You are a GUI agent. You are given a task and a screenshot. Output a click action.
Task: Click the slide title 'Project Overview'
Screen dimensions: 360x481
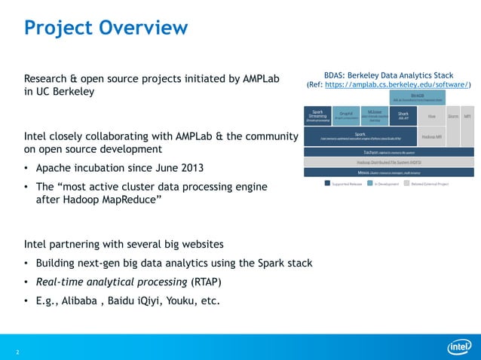pyautogui.click(x=106, y=28)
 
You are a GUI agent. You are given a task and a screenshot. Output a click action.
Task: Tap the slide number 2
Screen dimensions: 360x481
pyautogui.click(x=17, y=352)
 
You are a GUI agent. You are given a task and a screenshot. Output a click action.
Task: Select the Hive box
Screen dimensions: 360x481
pyautogui.click(x=431, y=116)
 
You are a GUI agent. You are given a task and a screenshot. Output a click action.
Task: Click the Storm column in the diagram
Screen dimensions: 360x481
pyautogui.click(x=453, y=116)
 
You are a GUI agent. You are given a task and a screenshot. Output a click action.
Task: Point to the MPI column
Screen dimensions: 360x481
pyautogui.click(x=468, y=116)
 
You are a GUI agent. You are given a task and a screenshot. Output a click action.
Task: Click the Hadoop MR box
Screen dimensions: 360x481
pyautogui.click(x=431, y=137)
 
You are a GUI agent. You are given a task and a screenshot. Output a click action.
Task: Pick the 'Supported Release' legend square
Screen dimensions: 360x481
pyautogui.click(x=327, y=183)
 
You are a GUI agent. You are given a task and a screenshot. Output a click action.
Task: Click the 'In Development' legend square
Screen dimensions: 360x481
pyautogui.click(x=371, y=183)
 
